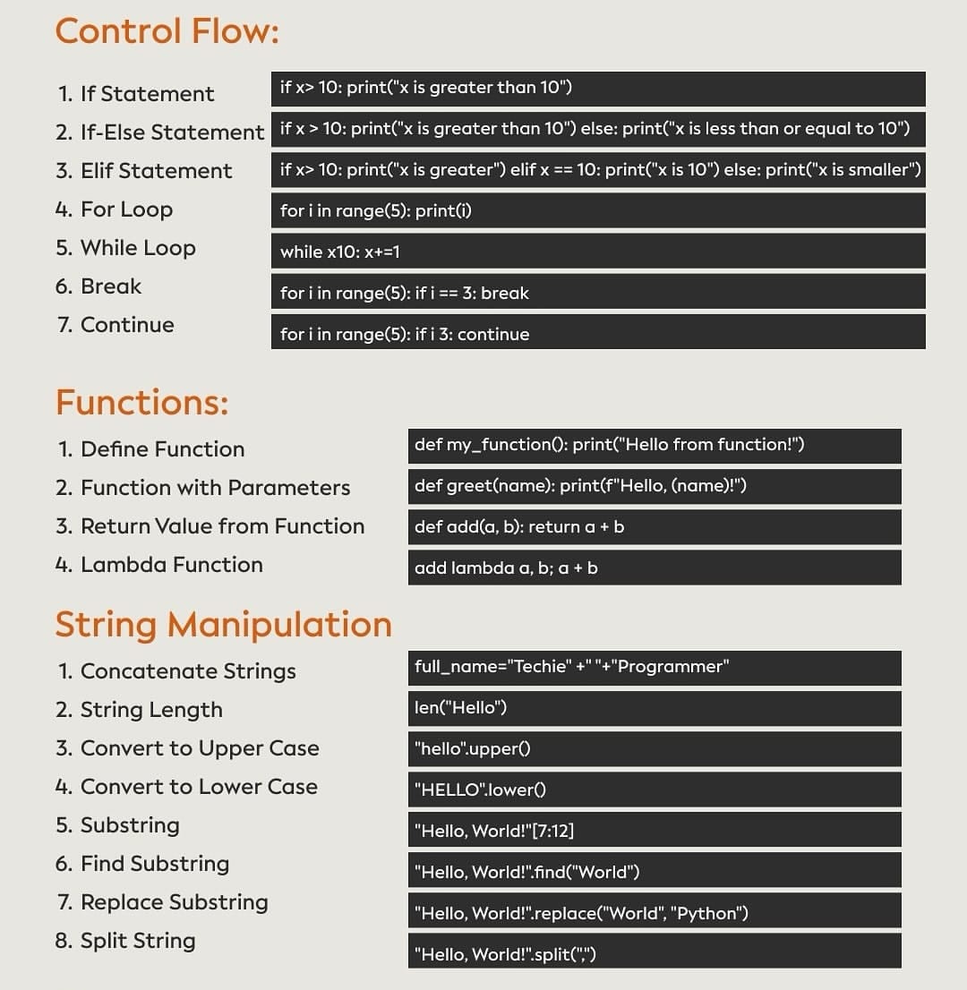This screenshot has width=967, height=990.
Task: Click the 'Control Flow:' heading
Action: [x=167, y=31]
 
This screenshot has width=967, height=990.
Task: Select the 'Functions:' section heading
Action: [x=141, y=403]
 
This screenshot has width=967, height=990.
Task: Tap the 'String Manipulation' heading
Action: [x=223, y=624]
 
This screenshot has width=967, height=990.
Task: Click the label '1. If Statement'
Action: [x=135, y=94]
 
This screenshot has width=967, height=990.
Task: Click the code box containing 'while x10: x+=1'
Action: [x=597, y=252]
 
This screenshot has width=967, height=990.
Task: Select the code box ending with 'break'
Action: [x=597, y=293]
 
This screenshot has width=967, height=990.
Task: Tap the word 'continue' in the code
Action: [x=493, y=334]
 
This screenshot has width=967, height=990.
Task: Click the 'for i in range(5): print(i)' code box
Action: [x=597, y=210]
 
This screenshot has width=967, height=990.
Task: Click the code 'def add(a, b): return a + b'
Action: [x=654, y=526]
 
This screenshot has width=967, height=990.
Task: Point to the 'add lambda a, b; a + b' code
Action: [x=654, y=568]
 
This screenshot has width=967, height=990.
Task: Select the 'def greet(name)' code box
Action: [x=654, y=486]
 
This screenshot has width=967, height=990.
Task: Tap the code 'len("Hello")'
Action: [x=654, y=708]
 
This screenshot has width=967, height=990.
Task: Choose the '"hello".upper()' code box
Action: [x=654, y=748]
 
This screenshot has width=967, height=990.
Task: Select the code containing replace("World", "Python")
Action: [x=654, y=913]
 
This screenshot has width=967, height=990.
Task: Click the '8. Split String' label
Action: [x=125, y=941]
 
